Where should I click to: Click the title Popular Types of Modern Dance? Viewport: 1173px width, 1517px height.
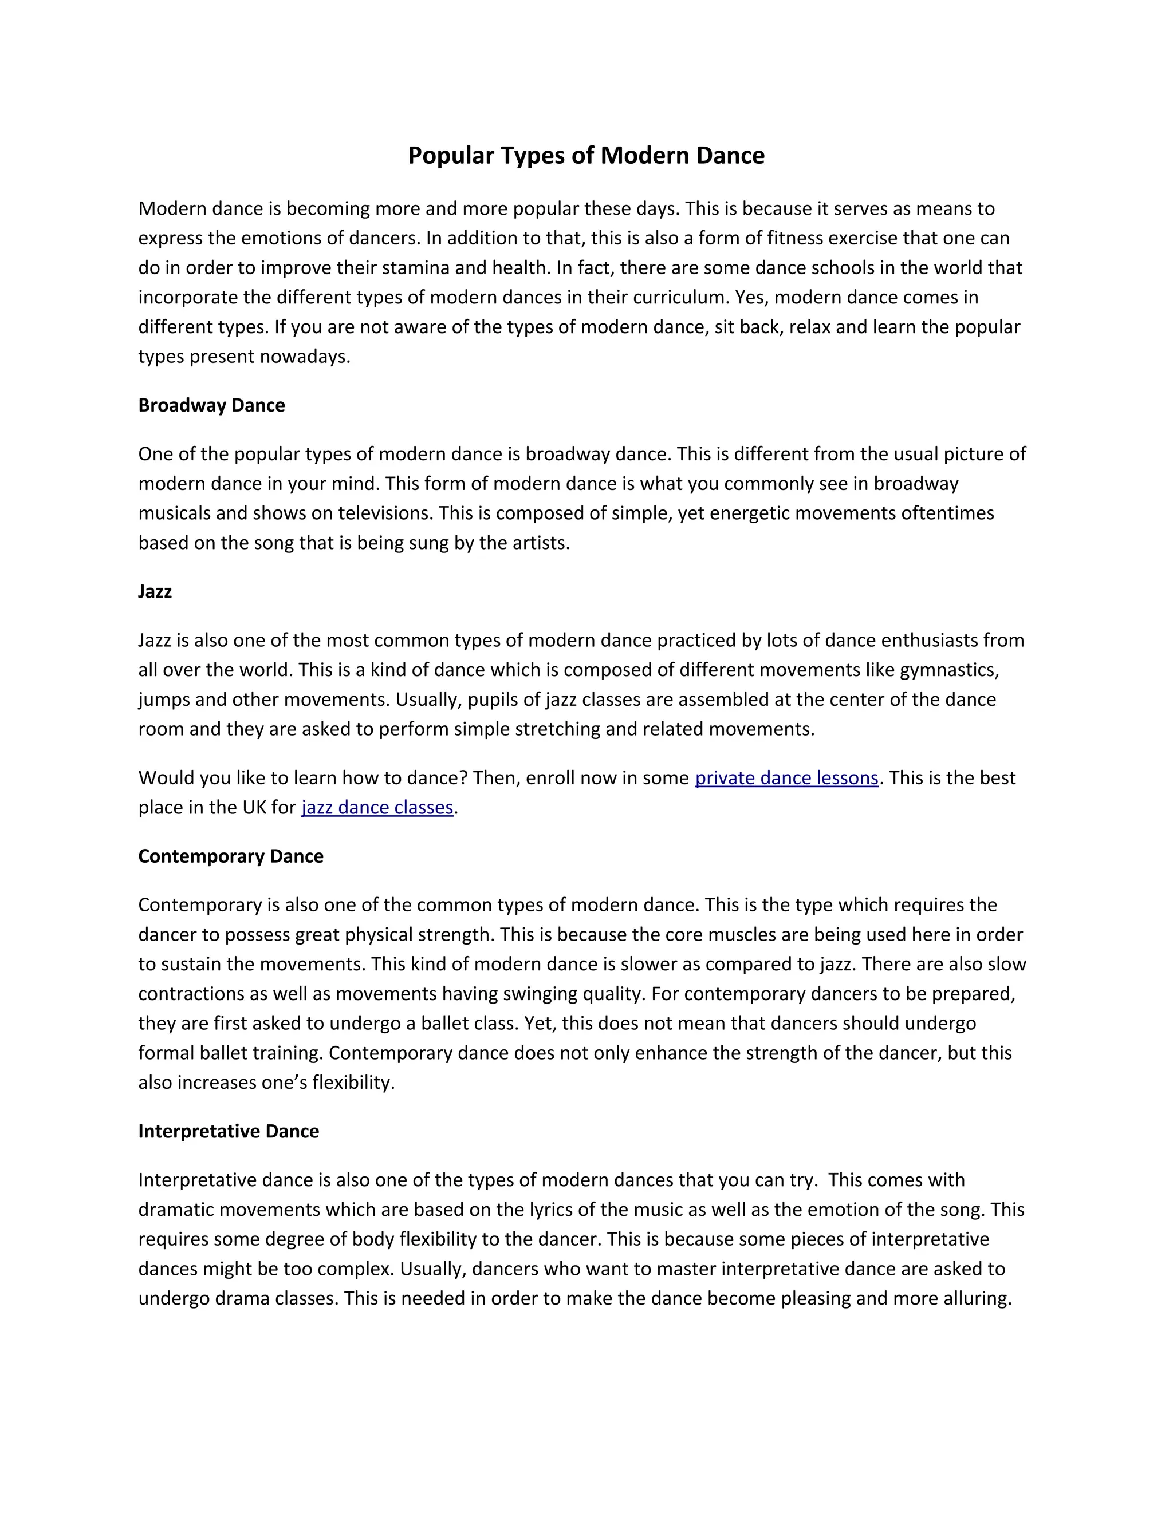coord(586,156)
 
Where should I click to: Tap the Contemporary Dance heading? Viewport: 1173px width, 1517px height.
coord(231,856)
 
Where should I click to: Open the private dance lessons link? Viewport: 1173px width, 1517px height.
coord(786,778)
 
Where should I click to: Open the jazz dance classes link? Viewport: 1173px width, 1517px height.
coord(377,807)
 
